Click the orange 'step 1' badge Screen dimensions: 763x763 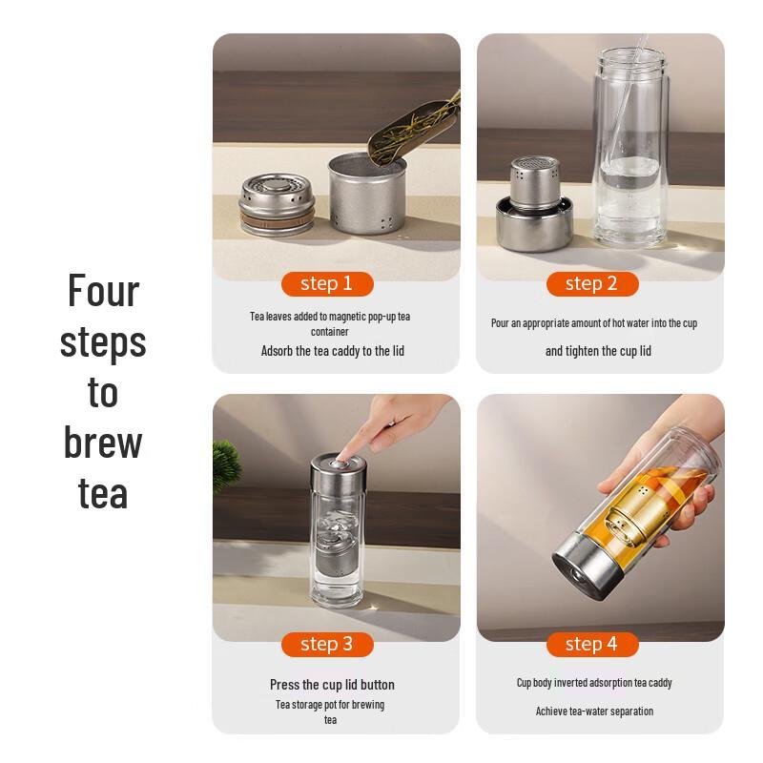coord(327,283)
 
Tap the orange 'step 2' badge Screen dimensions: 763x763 coord(592,283)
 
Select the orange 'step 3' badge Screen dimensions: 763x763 coord(327,645)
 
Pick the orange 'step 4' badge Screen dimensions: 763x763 coord(592,645)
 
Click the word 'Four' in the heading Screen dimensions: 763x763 coord(103,291)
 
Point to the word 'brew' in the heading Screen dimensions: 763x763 coord(103,443)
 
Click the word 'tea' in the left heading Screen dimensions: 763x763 coord(103,494)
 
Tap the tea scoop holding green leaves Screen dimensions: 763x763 coord(414,128)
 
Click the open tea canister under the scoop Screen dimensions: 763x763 coord(367,194)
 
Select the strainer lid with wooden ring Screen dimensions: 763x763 coord(277,205)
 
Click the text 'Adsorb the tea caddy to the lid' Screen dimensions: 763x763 coord(333,351)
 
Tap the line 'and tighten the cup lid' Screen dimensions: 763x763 coord(598,351)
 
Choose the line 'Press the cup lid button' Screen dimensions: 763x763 coord(332,685)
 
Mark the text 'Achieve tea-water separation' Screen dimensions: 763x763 coord(594,711)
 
